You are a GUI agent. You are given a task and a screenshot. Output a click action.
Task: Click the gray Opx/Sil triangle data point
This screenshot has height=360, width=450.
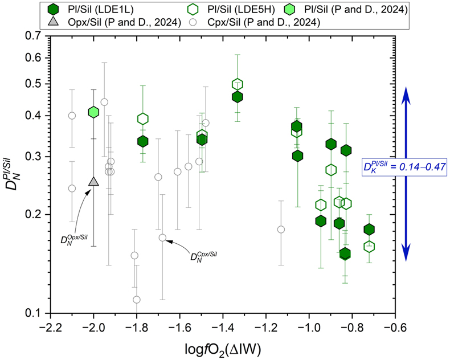point(93,182)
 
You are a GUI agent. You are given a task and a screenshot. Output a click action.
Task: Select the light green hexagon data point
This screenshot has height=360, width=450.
point(93,112)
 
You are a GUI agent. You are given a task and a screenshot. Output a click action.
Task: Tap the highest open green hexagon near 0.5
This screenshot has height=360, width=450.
point(238,84)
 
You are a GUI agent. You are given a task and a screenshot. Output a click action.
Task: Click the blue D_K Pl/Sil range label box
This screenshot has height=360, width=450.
point(404,166)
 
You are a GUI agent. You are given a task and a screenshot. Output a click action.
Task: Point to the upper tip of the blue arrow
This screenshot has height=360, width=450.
point(406,87)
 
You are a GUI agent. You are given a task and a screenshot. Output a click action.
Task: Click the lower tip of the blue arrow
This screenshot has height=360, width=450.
point(406,261)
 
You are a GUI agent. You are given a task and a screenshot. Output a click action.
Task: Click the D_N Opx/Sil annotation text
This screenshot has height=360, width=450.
point(74,239)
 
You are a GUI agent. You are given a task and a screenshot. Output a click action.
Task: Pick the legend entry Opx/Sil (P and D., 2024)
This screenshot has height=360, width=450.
point(114,22)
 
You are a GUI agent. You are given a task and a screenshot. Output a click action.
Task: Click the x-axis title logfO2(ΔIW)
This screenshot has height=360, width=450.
point(223,349)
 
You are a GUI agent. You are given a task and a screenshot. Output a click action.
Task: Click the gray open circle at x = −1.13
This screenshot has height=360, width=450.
point(281,230)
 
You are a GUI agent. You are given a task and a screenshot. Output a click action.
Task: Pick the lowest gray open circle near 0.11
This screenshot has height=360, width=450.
point(137,300)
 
